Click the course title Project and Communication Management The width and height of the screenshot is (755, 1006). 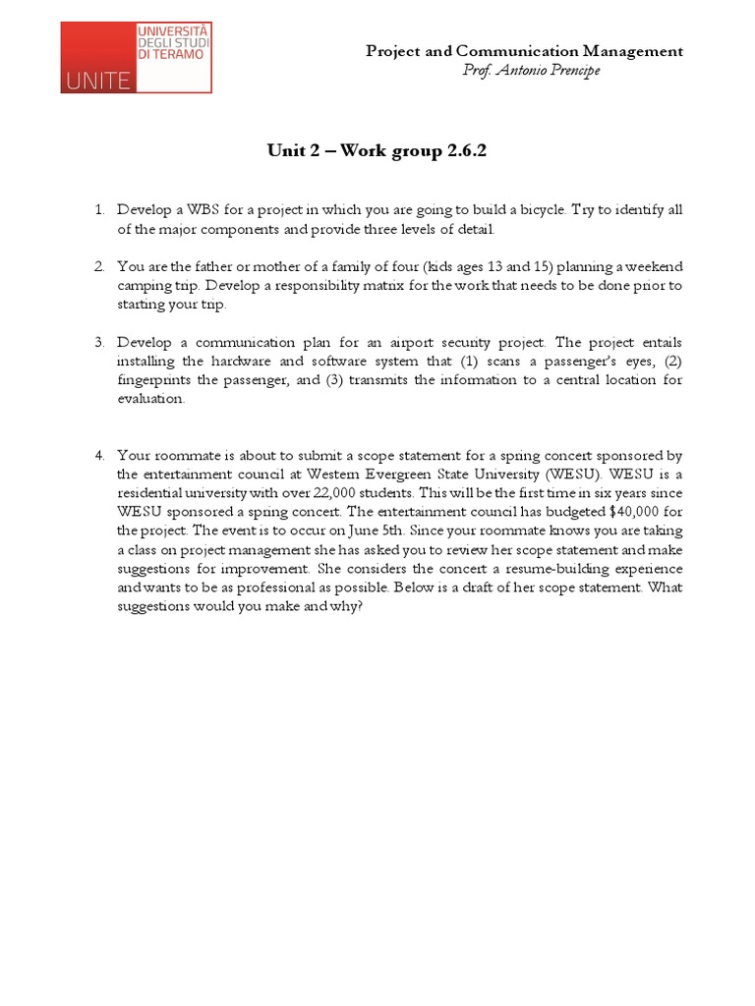(524, 51)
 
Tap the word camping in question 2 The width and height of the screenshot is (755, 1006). (143, 286)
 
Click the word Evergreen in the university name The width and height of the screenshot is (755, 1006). (388, 475)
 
